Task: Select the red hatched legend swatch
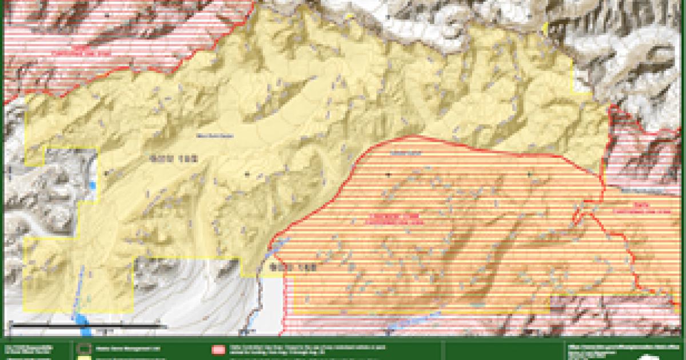pyautogui.click(x=219, y=348)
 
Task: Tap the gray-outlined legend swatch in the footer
pyautogui.click(x=84, y=347)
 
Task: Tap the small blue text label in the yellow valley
pyautogui.click(x=207, y=135)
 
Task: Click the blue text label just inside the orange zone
pyautogui.click(x=398, y=153)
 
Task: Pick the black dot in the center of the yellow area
pyautogui.click(x=246, y=173)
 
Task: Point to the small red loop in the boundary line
pyautogui.click(x=579, y=217)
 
